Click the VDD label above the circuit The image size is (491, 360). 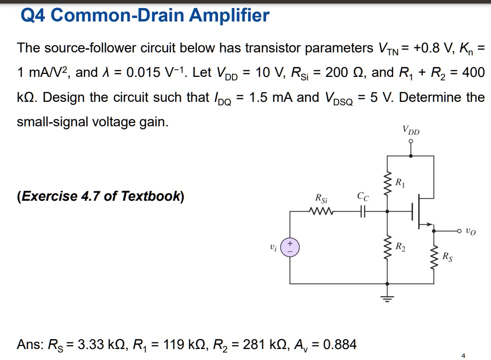coord(411,131)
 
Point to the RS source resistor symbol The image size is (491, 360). coord(433,257)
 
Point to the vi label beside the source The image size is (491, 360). coord(273,247)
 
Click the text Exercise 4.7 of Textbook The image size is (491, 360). coord(100,196)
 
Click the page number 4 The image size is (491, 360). coord(463,356)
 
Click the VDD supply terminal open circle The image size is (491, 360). coord(411,142)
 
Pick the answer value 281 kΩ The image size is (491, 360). coord(258,344)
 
